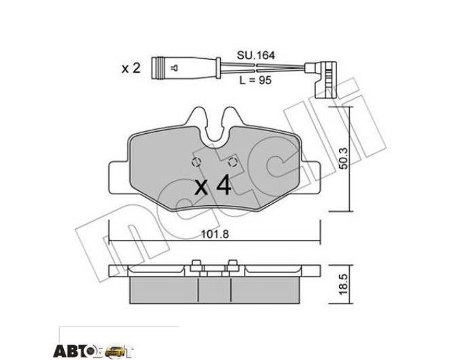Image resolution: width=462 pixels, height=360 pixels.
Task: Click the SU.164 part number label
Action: (x=255, y=56)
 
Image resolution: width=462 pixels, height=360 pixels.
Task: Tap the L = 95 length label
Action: (x=255, y=80)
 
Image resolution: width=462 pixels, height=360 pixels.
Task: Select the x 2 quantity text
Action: (x=131, y=69)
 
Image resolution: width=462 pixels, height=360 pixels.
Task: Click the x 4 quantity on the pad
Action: (x=213, y=185)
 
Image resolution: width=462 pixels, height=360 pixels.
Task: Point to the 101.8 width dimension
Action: (x=215, y=234)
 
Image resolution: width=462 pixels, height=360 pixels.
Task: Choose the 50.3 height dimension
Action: (x=344, y=158)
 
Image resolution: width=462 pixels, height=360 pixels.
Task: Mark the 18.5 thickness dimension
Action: (x=344, y=285)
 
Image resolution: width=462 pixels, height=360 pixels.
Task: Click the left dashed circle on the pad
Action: (x=196, y=162)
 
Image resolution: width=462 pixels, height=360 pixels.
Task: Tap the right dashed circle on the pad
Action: (x=233, y=162)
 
